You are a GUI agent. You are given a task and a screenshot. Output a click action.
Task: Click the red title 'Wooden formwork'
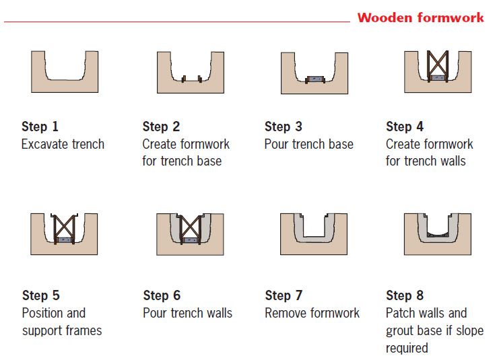[421, 17]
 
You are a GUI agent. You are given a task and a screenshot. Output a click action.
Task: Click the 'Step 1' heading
[40, 127]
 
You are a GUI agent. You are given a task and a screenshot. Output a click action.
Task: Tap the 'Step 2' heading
[161, 127]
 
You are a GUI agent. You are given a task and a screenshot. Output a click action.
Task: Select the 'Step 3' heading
[284, 127]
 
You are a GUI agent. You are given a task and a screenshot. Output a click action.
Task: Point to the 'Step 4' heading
[405, 127]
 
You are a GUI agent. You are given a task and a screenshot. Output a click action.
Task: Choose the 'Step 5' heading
[41, 295]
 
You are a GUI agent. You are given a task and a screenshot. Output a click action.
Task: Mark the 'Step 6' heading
[162, 295]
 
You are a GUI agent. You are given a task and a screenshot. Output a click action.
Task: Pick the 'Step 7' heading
[284, 295]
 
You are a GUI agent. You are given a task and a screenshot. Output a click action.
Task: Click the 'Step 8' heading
[405, 295]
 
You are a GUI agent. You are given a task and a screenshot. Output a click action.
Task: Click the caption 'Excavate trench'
[63, 145]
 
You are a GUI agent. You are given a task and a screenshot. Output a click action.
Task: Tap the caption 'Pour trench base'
[309, 145]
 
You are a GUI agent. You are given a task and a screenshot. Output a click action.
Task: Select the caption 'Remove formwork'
[312, 313]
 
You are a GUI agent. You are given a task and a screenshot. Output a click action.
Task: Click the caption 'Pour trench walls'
[188, 313]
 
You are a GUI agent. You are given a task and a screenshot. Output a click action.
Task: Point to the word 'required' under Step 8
[407, 349]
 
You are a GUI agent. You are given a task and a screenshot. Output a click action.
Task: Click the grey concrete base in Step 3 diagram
[315, 79]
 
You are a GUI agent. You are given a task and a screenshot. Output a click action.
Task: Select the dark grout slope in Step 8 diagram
[438, 235]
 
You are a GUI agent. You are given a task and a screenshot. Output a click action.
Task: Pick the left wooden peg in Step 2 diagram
[184, 79]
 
